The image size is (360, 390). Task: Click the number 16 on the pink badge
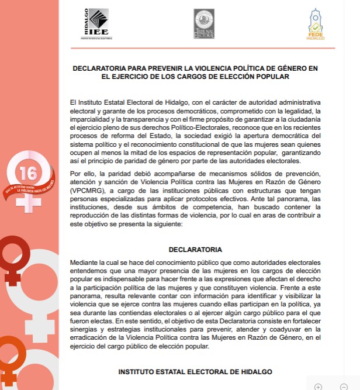point(27,173)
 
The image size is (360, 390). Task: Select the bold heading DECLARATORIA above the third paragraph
point(195,249)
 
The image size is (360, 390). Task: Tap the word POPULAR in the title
point(272,77)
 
